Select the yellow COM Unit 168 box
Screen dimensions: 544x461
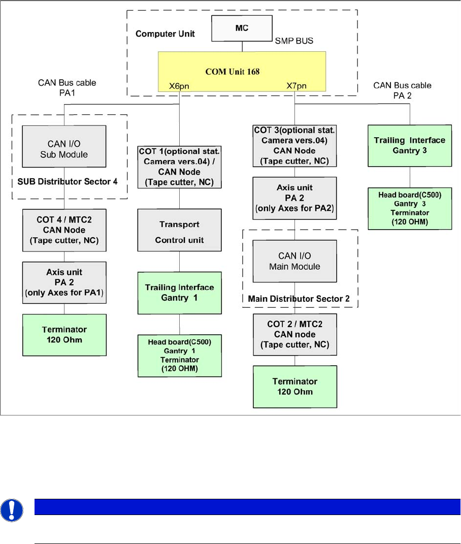(x=233, y=72)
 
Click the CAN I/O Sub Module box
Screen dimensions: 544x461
(x=63, y=148)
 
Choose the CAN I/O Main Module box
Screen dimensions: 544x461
(x=295, y=261)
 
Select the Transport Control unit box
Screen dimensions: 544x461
(x=179, y=232)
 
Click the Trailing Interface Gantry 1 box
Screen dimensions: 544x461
(x=179, y=292)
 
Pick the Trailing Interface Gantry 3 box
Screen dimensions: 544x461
(x=409, y=145)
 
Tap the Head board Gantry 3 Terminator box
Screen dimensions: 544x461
(x=409, y=209)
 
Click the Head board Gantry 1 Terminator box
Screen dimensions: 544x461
(x=179, y=356)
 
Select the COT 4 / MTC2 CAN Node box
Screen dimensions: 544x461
(x=63, y=230)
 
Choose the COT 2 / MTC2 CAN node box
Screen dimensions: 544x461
(x=295, y=335)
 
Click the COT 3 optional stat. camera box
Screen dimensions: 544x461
(x=295, y=145)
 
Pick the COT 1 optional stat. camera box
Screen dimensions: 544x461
(x=179, y=167)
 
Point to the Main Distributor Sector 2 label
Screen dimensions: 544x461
(x=299, y=299)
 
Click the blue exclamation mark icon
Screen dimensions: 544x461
(x=12, y=510)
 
